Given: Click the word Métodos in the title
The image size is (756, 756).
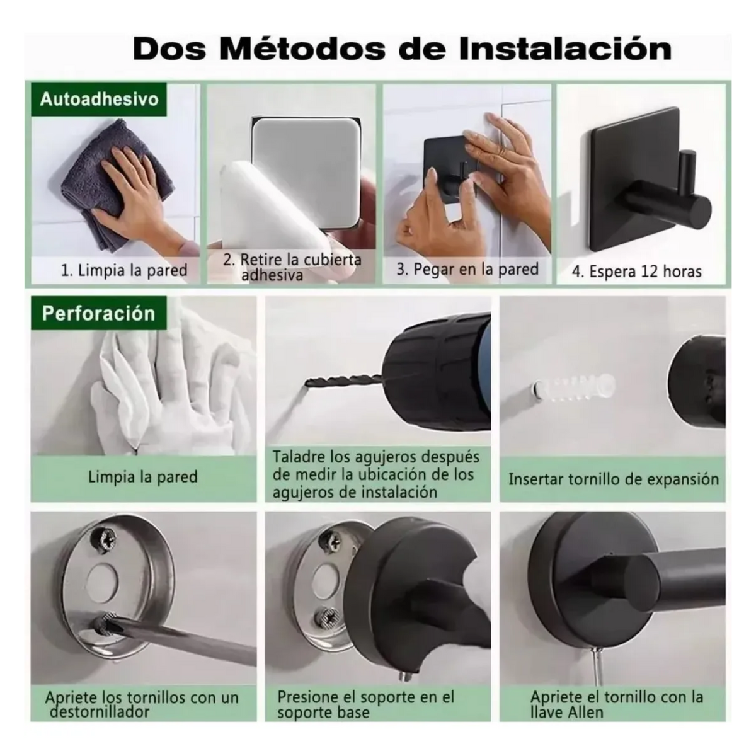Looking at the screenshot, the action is (302, 49).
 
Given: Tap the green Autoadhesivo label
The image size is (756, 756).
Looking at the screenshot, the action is (99, 99).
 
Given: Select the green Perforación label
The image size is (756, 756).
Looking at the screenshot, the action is (99, 314).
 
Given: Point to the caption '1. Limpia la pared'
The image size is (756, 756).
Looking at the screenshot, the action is (124, 270).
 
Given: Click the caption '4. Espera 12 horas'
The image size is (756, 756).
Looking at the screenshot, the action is (637, 272).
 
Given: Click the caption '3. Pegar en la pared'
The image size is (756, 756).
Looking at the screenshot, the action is (467, 270).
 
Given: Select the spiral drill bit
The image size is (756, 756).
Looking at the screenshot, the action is (342, 380).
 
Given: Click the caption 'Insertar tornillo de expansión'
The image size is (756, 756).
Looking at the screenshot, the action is (614, 479).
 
